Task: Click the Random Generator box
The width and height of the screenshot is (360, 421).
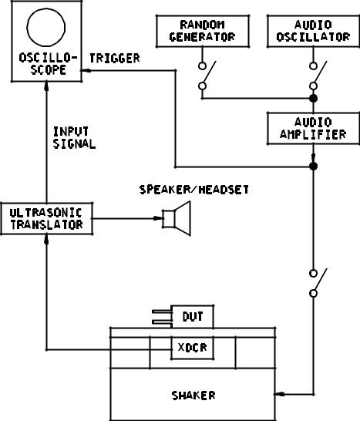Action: pos(203,31)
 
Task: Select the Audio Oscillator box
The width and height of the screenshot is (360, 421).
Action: pos(313,31)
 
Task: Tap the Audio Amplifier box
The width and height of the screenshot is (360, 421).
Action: pos(313,128)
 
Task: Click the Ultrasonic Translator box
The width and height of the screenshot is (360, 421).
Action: pos(46,218)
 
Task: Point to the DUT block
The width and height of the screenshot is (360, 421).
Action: pos(193,317)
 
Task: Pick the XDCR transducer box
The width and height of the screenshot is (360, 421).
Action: pos(193,348)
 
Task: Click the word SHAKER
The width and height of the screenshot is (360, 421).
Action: pos(193,396)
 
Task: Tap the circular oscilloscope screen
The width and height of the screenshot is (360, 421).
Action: pos(46,27)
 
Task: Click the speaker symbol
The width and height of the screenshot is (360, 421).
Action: pos(177,218)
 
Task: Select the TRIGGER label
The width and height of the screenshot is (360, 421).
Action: pos(115,59)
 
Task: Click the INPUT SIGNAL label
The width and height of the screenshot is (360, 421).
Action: pos(74,137)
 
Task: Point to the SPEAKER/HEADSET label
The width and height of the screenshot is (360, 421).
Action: pos(193,190)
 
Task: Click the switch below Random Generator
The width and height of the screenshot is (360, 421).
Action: pos(207,76)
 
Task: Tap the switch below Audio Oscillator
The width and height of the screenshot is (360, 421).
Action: pos(318,76)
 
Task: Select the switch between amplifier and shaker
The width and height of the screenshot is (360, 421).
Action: pos(318,283)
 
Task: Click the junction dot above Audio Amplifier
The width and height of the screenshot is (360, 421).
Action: pos(313,99)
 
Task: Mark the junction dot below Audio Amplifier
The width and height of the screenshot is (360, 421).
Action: pos(313,167)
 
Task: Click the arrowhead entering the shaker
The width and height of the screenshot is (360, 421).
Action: pos(279,394)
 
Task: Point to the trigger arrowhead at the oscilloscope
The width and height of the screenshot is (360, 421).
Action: pos(86,71)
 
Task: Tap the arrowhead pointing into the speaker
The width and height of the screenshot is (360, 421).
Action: pos(158,218)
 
